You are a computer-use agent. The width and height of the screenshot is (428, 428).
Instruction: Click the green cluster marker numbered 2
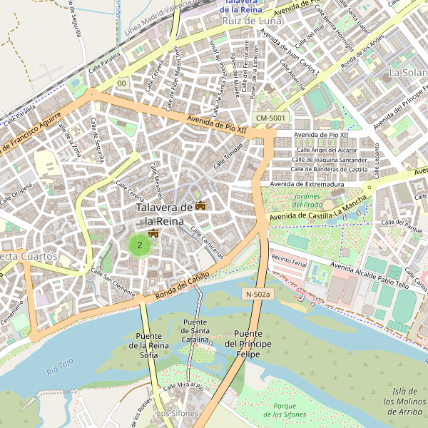(140, 245)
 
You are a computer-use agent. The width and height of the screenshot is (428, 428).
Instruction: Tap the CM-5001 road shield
(270, 118)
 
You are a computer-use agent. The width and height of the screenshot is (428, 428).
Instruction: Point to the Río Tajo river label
(60, 367)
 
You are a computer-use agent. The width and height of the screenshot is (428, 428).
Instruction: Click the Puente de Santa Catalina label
(195, 331)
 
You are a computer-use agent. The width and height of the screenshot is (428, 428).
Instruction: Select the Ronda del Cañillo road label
(183, 282)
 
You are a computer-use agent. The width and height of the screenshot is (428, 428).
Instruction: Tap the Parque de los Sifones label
(280, 410)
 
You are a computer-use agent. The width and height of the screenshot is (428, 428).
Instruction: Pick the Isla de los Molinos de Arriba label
(404, 401)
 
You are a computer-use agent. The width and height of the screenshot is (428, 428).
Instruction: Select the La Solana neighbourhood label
(407, 73)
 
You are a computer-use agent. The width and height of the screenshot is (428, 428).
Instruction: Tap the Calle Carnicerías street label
(208, 243)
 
